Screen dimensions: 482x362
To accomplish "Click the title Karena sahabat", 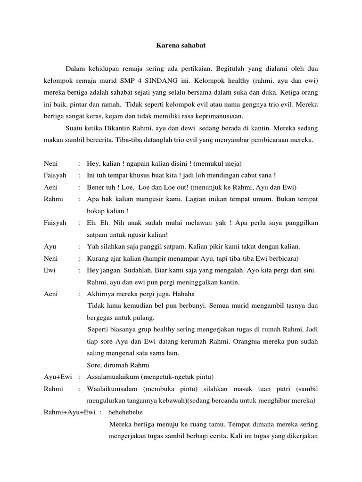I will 181,46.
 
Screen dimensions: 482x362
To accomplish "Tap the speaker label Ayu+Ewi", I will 58,376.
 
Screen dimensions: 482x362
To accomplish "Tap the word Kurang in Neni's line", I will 98,258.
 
